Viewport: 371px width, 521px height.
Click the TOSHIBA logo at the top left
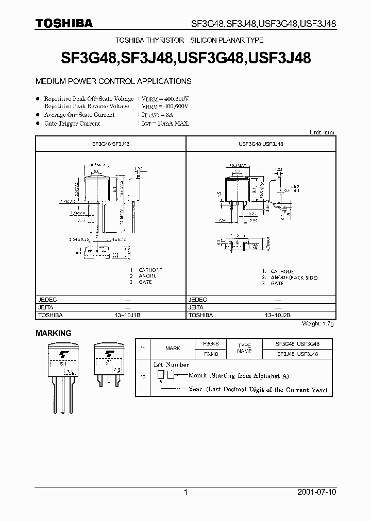point(64,23)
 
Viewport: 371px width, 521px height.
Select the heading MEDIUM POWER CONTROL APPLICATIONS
point(113,81)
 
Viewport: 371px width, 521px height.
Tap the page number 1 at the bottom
point(185,492)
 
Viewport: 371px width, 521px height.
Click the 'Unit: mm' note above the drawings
point(322,132)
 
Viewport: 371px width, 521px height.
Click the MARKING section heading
point(54,334)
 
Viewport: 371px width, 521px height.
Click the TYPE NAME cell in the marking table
point(245,349)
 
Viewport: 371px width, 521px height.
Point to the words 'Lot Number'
point(172,364)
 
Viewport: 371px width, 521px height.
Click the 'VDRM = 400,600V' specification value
point(165,98)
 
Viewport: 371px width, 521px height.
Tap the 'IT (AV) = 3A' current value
point(158,115)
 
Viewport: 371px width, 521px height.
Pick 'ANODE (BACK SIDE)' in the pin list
point(294,277)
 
